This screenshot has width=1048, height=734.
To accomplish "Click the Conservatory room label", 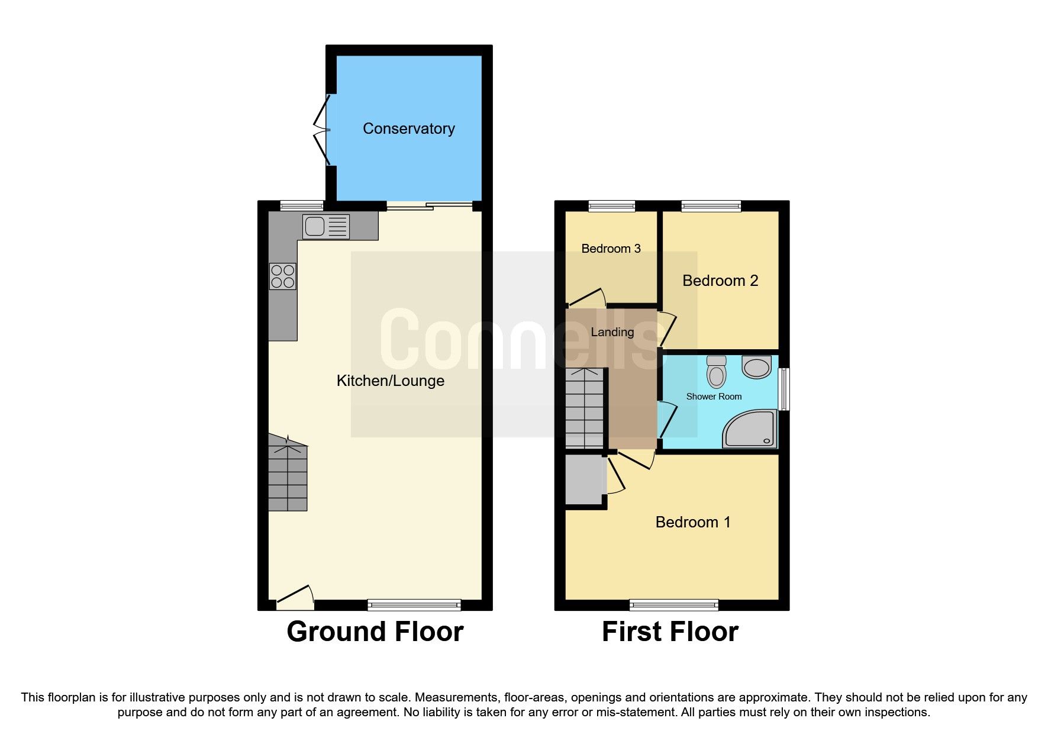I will pos(408,128).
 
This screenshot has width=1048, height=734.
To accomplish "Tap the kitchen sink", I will pos(325,227).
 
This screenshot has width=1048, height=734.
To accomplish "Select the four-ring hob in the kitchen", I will pos(283,276).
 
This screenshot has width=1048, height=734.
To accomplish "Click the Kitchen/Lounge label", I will pos(390,381).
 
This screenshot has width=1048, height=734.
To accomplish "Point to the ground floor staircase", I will pos(288,474).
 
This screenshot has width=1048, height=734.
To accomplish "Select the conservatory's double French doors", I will pos(323,130).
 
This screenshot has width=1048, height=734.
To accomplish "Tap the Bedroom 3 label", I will pos(611,249).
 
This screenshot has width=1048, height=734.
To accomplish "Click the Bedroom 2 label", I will pos(720,281).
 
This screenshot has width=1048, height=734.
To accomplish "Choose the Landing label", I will pos(612,332).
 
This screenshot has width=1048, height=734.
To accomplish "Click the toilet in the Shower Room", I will pos(716,371).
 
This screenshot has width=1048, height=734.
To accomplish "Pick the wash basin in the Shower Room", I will pos(756,367).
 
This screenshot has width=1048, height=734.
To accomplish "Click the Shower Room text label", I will pos(714,397).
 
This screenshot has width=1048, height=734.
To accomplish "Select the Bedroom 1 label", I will pos(692,522).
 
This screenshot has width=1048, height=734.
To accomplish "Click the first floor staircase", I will pos(584,408).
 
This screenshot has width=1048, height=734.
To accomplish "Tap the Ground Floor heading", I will pos(375,632).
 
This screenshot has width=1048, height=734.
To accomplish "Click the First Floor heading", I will pos(670,632).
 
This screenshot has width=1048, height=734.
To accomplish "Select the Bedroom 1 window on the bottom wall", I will pos(673,604).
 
